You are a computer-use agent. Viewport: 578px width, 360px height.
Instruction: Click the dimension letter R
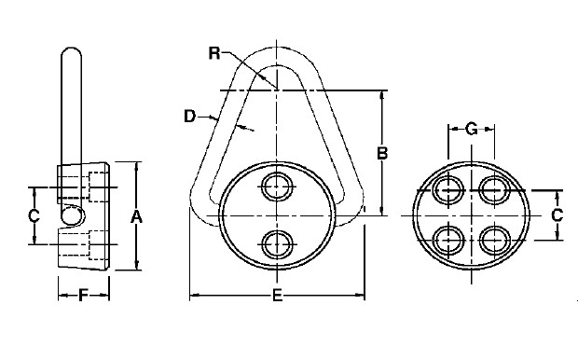coord(214,53)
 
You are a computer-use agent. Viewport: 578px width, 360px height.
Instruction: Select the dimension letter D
coord(189,117)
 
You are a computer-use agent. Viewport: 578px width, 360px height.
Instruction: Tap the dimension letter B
coord(382,153)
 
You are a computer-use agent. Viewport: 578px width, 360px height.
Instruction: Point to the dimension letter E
coord(277,296)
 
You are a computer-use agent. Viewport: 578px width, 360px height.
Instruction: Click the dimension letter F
coord(84,296)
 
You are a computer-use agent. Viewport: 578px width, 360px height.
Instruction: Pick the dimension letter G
coord(472,129)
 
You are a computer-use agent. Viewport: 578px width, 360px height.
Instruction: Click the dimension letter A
coord(136,217)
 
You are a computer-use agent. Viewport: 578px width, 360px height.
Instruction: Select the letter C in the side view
coord(34,215)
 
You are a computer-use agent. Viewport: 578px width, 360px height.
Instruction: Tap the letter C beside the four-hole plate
coord(557,215)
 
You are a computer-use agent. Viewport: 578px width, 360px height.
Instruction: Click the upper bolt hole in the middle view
coord(278,187)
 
